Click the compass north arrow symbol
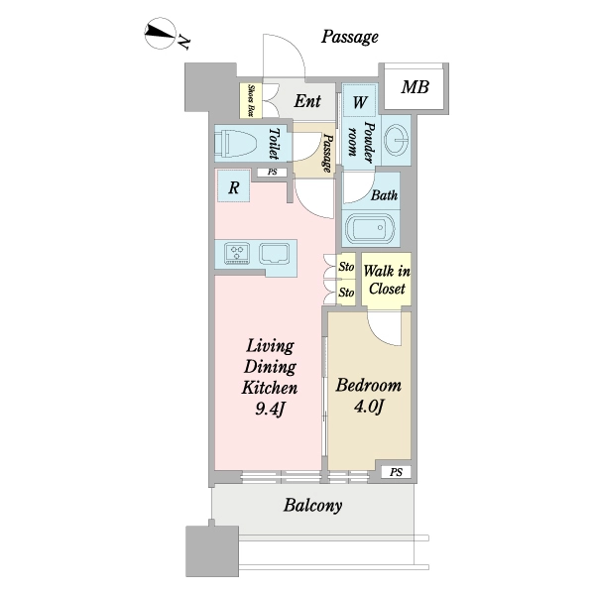[x=160, y=33]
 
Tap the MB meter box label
[x=416, y=87]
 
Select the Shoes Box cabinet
[x=251, y=100]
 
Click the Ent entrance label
[x=307, y=101]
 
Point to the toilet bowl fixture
[x=236, y=144]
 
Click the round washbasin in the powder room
[x=396, y=140]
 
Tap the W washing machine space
[x=359, y=100]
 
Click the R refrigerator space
[x=233, y=186]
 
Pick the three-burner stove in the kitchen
[x=237, y=253]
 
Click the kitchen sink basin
[x=275, y=253]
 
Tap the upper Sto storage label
[x=346, y=267]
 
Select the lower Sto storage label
[x=346, y=293]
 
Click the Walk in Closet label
[x=387, y=280]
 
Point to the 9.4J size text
[x=270, y=409]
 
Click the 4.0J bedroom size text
[x=369, y=407]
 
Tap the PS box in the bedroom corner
[x=396, y=472]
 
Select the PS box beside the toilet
[x=272, y=173]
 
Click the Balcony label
[x=313, y=506]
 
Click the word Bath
[x=385, y=195]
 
